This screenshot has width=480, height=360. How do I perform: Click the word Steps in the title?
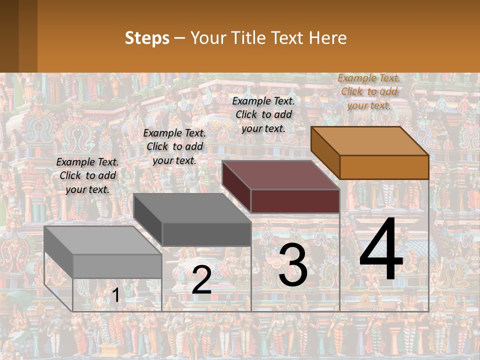pyautogui.click(x=147, y=38)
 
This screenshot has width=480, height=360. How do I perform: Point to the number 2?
pyautogui.click(x=201, y=280)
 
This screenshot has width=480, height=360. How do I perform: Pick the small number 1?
pyautogui.click(x=115, y=295)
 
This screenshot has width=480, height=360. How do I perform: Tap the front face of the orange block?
pyautogui.click(x=384, y=167)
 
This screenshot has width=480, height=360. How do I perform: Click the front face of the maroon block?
pyautogui.click(x=295, y=201)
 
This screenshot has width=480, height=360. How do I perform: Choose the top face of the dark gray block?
pyautogui.click(x=192, y=208)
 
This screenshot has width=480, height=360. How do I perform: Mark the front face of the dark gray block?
pyautogui.click(x=206, y=234)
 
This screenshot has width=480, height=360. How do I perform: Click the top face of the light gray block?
pyautogui.click(x=103, y=240)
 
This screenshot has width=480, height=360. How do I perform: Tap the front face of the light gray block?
pyautogui.click(x=117, y=266)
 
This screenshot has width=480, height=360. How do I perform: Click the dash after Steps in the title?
pyautogui.click(x=179, y=38)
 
